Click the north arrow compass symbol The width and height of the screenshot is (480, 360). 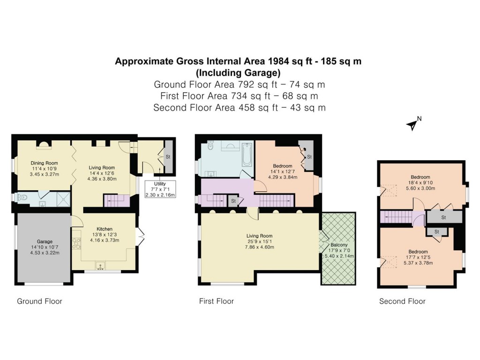coord(412,125)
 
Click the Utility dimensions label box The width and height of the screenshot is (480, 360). coord(159,190)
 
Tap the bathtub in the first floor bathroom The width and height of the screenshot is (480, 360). coord(247,155)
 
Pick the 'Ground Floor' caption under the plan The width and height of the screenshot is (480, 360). coord(39,301)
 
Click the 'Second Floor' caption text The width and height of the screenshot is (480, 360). coord(402,301)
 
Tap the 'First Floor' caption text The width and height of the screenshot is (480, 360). coord(217,301)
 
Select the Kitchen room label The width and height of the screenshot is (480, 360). coord(105,229)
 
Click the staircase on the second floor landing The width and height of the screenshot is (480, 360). coord(400,217)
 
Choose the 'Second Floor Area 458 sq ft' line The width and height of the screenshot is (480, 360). coord(240,107)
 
